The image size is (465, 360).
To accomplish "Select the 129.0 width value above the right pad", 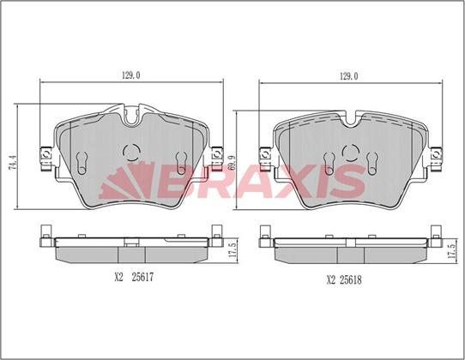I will (348, 76).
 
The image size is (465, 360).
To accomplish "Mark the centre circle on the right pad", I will (350, 153).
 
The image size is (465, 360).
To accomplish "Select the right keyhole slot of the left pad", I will (179, 161).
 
